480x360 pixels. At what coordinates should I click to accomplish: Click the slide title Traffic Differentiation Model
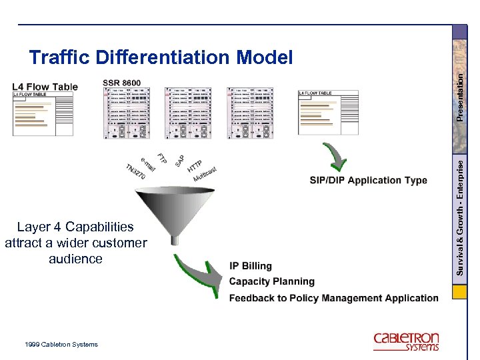161,57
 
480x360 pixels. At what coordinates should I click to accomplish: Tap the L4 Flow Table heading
45,86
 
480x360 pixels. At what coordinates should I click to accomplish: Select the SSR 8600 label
121,83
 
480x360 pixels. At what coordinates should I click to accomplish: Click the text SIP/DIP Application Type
368,180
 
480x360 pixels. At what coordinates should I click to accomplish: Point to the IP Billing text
251,266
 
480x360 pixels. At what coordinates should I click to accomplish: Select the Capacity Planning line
271,281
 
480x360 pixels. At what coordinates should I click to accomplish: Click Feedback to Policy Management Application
333,298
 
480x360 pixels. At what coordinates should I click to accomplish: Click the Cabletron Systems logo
406,341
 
